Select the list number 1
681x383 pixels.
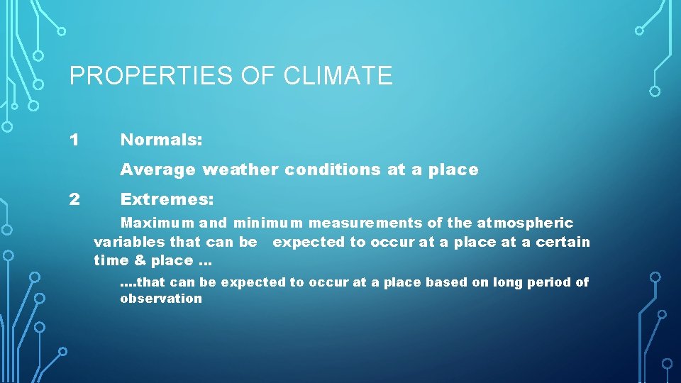74,140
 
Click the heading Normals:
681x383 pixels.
161,140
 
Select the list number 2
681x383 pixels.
74,199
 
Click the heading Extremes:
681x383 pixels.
167,199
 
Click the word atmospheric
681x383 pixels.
526,223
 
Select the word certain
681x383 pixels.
563,242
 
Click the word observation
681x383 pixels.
161,299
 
